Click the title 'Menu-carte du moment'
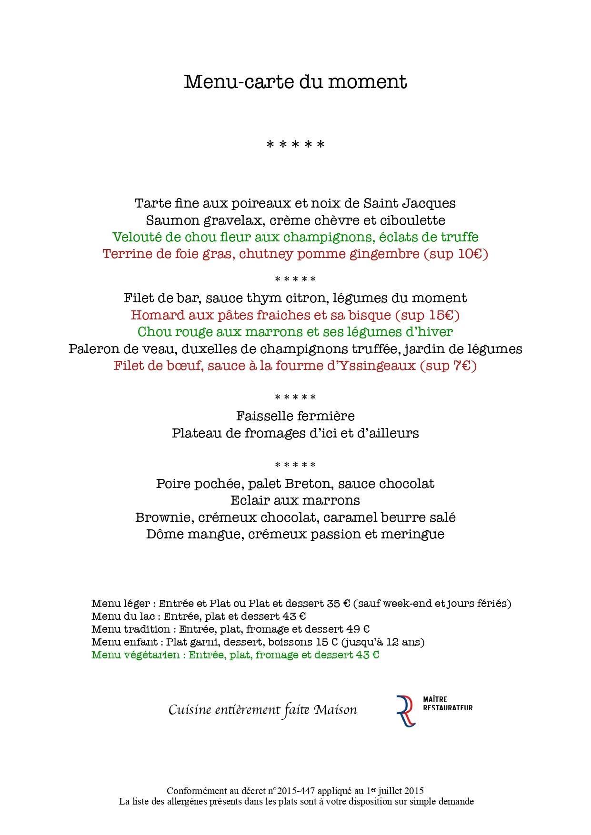pyautogui.click(x=295, y=82)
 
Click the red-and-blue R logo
pyautogui.click(x=405, y=711)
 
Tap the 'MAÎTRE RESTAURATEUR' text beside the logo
pyautogui.click(x=448, y=704)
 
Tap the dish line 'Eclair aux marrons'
pyautogui.click(x=295, y=500)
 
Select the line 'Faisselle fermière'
pyautogui.click(x=295, y=416)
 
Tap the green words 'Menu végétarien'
pyautogui.click(x=136, y=655)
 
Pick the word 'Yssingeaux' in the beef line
pyautogui.click(x=379, y=366)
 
